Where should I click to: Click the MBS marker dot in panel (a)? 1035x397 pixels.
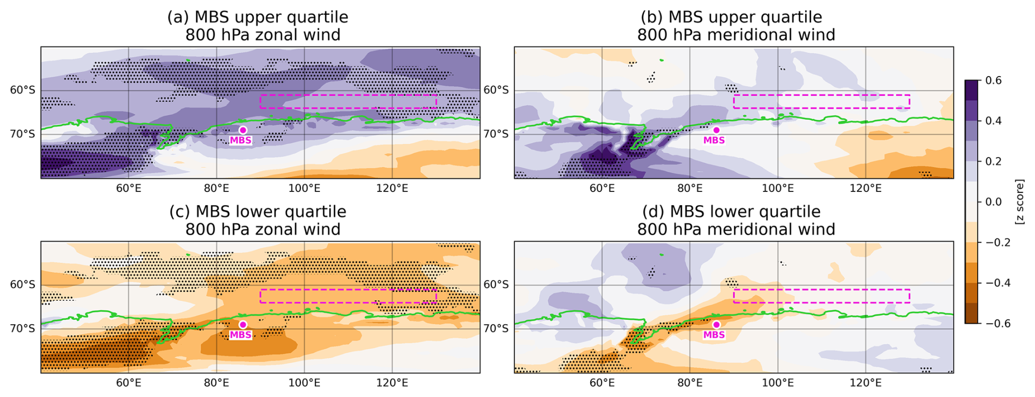pos(243,130)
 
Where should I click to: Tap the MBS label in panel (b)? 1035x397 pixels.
pos(714,141)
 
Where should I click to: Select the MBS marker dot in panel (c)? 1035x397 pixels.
pos(243,325)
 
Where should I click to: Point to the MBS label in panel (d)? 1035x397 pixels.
pos(714,335)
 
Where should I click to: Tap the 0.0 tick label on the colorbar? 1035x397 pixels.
pos(993,202)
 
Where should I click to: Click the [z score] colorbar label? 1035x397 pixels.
pos(1020,202)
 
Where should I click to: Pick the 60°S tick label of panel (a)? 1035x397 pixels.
pos(22,90)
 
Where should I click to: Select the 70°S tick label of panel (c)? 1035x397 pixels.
pos(22,329)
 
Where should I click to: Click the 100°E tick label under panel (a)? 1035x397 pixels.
pos(304,189)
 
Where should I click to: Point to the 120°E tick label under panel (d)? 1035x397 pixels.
pos(865,383)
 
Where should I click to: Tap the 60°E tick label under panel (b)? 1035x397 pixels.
pos(602,189)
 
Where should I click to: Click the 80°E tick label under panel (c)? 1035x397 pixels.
pos(217,383)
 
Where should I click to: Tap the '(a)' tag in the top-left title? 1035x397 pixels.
pos(178,17)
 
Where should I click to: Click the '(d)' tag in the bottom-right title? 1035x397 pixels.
pos(652,212)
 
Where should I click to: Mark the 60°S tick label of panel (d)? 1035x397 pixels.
pos(496,285)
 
